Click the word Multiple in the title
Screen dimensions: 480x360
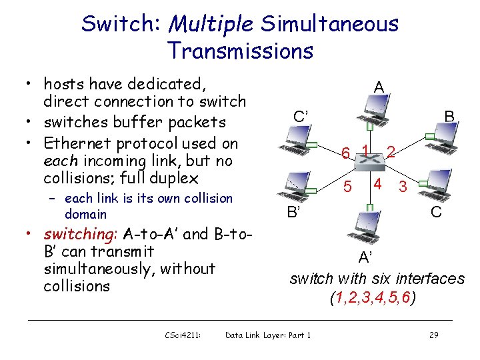pos(211,25)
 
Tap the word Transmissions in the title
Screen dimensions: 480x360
pos(240,51)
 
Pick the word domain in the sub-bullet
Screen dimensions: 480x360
pos(85,214)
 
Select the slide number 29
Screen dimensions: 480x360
pos(433,335)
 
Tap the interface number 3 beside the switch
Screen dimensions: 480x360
pos(403,187)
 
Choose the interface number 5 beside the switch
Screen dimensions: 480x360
pos(347,186)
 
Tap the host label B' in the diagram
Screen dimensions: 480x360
pos(293,213)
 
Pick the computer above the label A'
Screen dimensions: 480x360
pos(366,227)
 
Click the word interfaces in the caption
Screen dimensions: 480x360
pos(430,279)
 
